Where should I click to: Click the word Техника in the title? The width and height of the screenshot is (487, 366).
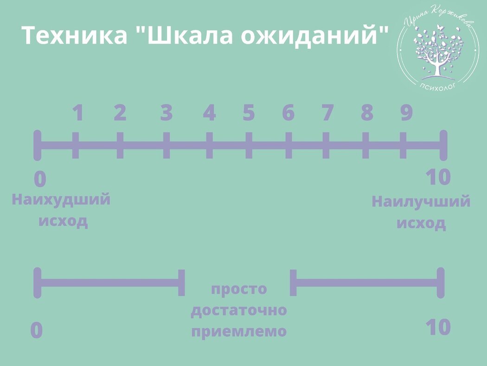pyautogui.click(x=75, y=35)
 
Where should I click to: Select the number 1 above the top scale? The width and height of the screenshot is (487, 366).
pyautogui.click(x=78, y=113)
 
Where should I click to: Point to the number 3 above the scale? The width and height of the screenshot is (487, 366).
pyautogui.click(x=167, y=113)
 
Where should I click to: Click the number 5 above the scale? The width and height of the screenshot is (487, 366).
pyautogui.click(x=249, y=113)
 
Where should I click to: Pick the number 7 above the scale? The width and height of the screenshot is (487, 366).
pyautogui.click(x=327, y=113)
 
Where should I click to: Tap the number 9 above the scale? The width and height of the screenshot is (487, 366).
pyautogui.click(x=406, y=113)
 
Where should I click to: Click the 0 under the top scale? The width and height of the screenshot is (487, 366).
pyautogui.click(x=40, y=179)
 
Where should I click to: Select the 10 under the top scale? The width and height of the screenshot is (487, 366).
pyautogui.click(x=438, y=177)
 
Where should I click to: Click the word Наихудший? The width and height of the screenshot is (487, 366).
pyautogui.click(x=61, y=200)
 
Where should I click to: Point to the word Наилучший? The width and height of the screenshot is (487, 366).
pyautogui.click(x=421, y=202)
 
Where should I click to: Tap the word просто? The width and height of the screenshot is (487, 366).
pyautogui.click(x=239, y=289)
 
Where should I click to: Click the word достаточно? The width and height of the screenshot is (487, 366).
pyautogui.click(x=239, y=310)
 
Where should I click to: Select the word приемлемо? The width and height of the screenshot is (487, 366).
pyautogui.click(x=239, y=332)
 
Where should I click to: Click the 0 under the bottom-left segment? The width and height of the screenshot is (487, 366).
pyautogui.click(x=37, y=331)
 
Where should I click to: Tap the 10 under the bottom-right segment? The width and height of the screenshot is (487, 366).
pyautogui.click(x=438, y=327)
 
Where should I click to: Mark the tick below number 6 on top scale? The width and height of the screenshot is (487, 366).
pyautogui.click(x=288, y=145)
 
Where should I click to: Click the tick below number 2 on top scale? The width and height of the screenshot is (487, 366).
pyautogui.click(x=120, y=145)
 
